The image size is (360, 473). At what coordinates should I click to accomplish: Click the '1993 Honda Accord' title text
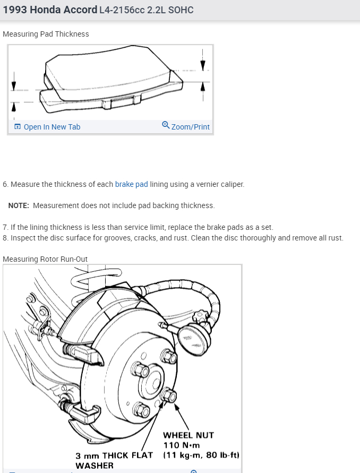click(x=50, y=10)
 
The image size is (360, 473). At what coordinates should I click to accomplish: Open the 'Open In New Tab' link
click(x=52, y=127)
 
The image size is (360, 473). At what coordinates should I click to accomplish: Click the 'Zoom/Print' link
click(x=190, y=127)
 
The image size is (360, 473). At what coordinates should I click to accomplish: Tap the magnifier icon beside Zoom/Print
click(x=166, y=125)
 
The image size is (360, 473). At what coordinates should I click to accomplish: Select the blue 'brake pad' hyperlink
click(x=131, y=184)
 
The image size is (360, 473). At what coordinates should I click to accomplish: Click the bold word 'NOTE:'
click(x=19, y=205)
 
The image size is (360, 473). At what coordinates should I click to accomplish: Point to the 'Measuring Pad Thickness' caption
click(x=46, y=34)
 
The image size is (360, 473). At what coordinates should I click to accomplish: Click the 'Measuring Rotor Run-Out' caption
click(x=45, y=259)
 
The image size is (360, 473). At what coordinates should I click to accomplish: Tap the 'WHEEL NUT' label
click(x=188, y=435)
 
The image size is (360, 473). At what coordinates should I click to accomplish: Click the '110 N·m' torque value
click(x=181, y=445)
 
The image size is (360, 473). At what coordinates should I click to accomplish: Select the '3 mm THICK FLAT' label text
click(x=114, y=455)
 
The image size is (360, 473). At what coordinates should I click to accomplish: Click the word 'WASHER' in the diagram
click(x=95, y=466)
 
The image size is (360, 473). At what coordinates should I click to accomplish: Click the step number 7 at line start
click(x=5, y=227)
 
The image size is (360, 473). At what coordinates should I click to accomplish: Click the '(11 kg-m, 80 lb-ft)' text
click(x=202, y=455)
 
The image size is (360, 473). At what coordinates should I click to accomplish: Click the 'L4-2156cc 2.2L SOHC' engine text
click(x=146, y=10)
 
